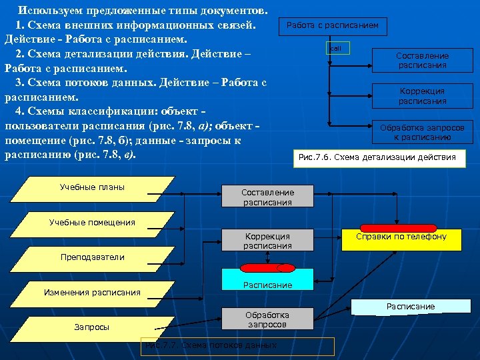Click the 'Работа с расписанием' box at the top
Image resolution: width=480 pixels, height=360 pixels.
[332, 25]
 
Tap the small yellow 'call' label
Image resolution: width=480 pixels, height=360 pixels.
[336, 49]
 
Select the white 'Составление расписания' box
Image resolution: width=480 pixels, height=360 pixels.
[423, 61]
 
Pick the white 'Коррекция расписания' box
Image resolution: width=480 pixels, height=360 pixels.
[423, 96]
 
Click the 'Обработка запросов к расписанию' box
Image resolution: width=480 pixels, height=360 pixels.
[423, 132]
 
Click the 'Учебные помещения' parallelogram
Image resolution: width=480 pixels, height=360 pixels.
[93, 223]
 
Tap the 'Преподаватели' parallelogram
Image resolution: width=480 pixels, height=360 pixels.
[93, 257]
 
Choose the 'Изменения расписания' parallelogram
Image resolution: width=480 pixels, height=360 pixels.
[93, 292]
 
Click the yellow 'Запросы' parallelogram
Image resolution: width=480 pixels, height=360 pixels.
[93, 327]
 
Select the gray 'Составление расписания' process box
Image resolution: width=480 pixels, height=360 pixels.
[267, 197]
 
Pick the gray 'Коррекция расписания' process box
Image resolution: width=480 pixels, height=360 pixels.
[267, 241]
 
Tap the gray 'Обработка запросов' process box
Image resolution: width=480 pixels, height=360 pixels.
[267, 319]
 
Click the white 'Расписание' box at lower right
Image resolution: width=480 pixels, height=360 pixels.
[411, 307]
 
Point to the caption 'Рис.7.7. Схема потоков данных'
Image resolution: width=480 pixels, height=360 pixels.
[237, 345]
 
